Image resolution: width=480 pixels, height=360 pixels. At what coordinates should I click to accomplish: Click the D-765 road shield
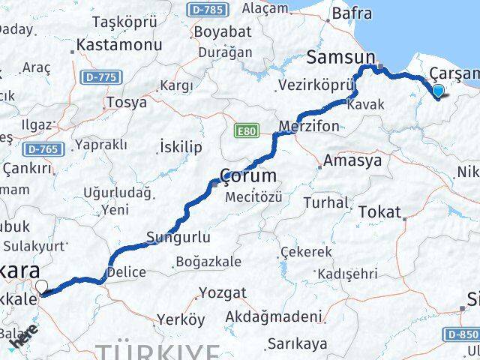(x=41, y=149)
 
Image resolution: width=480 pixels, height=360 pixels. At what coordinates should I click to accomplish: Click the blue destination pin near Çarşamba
(x=438, y=91)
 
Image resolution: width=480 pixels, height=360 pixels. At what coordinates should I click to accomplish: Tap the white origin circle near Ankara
(x=41, y=286)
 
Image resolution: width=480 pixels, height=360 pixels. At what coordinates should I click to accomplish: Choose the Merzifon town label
(x=308, y=124)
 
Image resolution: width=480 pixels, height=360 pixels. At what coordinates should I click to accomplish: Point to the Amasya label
(x=352, y=160)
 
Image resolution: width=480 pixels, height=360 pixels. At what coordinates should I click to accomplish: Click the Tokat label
(x=380, y=212)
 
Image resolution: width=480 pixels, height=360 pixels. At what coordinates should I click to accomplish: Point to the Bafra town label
(x=352, y=12)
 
